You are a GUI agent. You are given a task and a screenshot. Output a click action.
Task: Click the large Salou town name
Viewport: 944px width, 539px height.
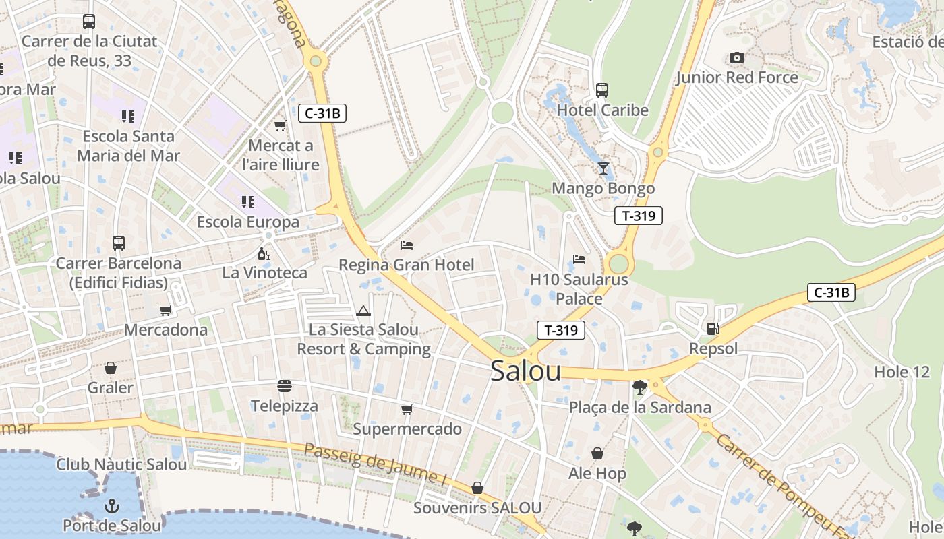click(525, 371)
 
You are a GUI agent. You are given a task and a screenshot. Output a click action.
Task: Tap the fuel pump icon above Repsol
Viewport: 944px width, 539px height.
click(713, 329)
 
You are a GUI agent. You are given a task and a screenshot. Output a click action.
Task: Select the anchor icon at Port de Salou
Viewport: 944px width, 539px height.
click(112, 505)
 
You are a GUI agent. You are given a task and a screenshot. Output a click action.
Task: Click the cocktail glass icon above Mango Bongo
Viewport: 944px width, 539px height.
click(603, 168)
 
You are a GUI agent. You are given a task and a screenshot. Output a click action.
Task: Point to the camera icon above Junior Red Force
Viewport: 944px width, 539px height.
click(737, 57)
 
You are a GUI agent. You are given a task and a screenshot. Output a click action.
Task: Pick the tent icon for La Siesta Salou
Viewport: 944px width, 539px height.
click(363, 311)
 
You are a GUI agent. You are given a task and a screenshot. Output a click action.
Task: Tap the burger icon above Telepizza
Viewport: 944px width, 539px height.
click(285, 386)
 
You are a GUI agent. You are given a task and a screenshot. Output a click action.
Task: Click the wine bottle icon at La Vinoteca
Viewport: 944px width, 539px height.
click(264, 253)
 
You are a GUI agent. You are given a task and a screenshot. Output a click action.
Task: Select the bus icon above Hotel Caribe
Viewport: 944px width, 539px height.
click(602, 90)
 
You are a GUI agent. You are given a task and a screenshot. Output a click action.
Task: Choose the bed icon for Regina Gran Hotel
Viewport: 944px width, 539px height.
click(406, 245)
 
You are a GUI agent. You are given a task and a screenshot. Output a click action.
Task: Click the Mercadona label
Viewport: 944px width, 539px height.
click(166, 330)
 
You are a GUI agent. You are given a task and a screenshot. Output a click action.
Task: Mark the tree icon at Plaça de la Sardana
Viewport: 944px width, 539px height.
click(639, 387)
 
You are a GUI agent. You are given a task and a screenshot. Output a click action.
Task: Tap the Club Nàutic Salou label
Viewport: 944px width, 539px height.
click(121, 464)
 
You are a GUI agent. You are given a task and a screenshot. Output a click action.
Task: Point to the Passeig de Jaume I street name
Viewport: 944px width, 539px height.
click(376, 464)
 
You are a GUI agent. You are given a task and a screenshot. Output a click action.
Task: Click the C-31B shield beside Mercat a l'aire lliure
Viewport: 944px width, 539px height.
click(322, 113)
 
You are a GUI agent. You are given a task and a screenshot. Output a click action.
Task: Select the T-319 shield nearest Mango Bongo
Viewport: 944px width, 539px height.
click(638, 216)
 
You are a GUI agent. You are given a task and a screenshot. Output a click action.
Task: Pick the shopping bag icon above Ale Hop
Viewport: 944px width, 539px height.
click(597, 453)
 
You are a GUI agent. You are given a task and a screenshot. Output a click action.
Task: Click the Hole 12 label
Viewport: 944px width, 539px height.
click(902, 372)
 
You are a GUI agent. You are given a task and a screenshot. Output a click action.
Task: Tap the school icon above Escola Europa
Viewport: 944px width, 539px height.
click(248, 201)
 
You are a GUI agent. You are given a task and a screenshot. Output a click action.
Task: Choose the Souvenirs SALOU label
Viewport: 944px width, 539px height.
click(477, 508)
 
